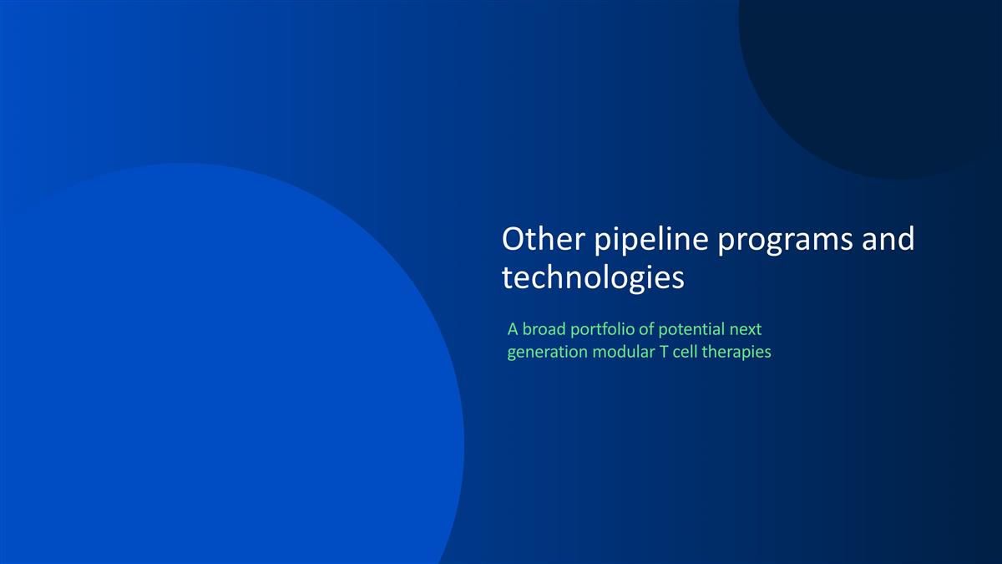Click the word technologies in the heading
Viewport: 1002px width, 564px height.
coord(592,279)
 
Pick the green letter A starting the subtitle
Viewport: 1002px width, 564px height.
coord(513,329)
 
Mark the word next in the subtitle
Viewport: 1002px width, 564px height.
coord(745,329)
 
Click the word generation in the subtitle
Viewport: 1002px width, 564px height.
coord(547,353)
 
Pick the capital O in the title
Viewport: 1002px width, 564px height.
coord(513,240)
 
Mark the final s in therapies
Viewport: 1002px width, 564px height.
coord(767,353)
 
